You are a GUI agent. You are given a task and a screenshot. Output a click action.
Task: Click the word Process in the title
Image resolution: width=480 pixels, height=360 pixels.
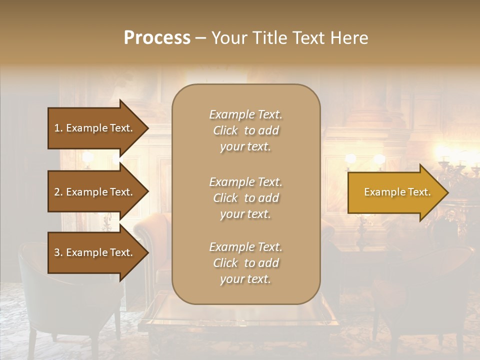pos(157,37)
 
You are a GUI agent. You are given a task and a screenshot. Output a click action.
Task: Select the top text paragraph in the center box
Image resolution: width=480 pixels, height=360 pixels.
pos(245,130)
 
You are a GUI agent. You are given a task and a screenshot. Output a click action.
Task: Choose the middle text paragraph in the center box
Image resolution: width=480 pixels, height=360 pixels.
pos(245,198)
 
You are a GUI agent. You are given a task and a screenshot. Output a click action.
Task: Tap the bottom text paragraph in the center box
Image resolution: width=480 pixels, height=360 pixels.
pos(245,263)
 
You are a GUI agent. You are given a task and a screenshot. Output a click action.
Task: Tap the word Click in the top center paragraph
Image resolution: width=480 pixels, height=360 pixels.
pos(225,131)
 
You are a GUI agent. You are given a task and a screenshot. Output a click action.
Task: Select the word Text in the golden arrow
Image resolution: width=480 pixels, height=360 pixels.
pos(419,192)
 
